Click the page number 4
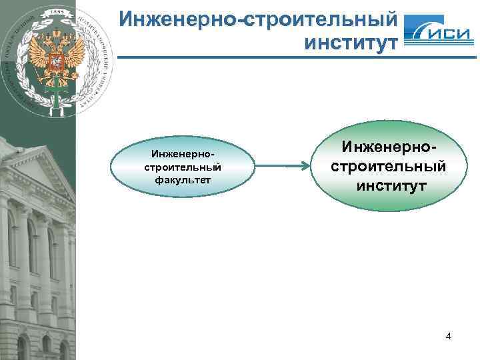(448, 336)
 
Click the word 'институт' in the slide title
(351, 45)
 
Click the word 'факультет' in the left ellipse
(183, 179)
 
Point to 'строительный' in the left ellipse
(183, 167)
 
